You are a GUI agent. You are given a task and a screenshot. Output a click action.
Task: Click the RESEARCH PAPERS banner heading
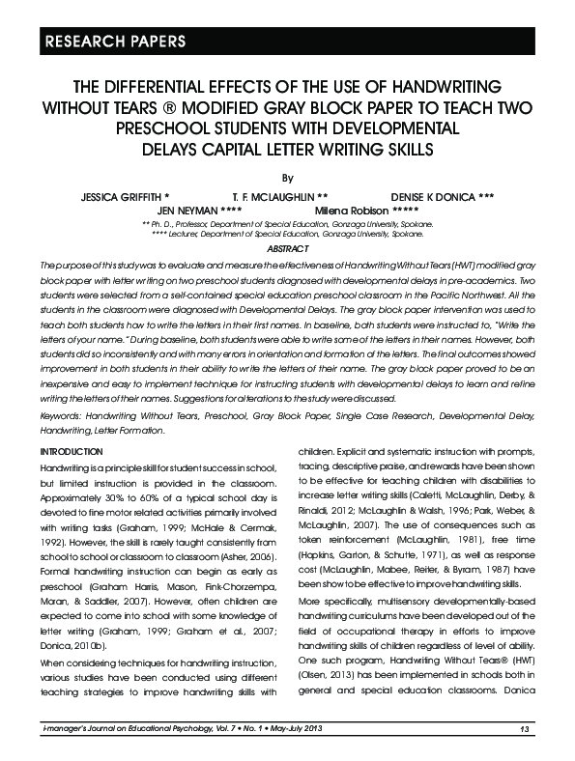[x=106, y=41]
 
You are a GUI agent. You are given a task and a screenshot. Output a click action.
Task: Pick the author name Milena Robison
[x=353, y=210]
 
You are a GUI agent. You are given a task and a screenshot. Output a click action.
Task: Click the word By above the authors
[x=286, y=178]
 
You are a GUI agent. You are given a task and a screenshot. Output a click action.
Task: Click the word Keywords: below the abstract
[x=61, y=413]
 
